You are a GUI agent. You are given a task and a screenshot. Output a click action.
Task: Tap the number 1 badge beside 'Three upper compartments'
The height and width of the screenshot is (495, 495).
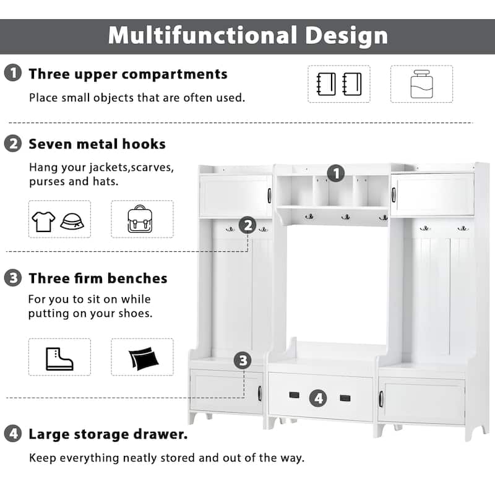coord(12,74)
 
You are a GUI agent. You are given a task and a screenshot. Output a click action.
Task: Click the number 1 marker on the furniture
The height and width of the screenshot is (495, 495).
coord(335,173)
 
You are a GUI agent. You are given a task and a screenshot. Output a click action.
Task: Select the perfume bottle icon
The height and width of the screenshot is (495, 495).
coord(421,84)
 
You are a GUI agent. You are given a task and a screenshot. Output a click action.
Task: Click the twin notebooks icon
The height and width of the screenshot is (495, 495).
coord(338,84)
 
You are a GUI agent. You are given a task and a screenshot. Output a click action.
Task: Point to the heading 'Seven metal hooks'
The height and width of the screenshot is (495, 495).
coord(97,144)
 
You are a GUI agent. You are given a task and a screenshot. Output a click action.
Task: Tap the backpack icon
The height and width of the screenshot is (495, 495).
coord(142,219)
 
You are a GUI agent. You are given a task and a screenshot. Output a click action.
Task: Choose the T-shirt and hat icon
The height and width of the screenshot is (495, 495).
coord(59,219)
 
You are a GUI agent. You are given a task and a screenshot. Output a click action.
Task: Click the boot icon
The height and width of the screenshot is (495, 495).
coord(59,357)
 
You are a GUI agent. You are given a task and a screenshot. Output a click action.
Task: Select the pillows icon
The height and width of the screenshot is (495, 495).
coord(142,358)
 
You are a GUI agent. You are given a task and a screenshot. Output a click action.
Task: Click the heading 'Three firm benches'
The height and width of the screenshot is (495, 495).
coord(98,278)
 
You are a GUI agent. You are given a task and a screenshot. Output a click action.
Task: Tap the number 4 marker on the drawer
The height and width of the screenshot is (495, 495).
coord(318,397)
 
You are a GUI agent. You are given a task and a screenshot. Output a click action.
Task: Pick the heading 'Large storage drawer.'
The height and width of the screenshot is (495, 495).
coord(108,434)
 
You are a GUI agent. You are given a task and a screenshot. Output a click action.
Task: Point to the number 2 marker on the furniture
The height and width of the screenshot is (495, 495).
coord(247,225)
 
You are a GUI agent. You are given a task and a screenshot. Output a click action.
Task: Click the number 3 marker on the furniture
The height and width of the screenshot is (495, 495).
coord(243,360)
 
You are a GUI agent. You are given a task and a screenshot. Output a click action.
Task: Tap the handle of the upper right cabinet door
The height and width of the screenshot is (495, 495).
coord(394,195)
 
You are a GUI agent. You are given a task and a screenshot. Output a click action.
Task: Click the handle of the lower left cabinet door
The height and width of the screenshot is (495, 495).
coord(260,393)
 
